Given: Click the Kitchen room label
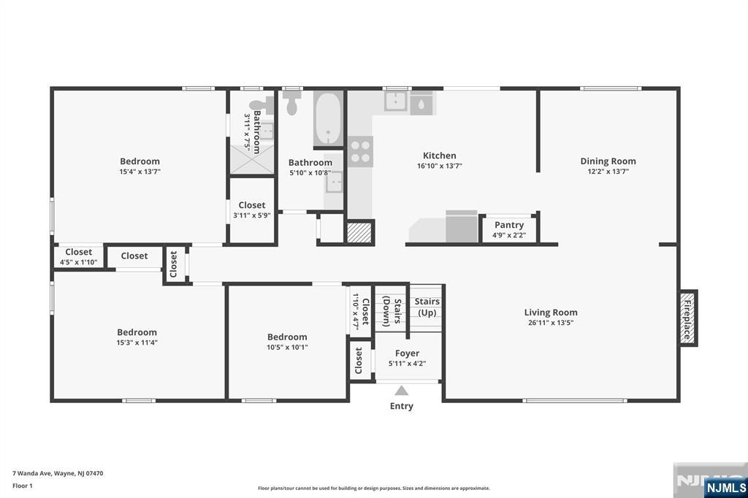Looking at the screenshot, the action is click(439, 156).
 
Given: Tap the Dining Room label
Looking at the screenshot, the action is click(608, 161).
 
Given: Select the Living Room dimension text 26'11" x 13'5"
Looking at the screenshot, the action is click(551, 323).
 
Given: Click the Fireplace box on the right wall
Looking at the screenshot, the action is click(688, 318).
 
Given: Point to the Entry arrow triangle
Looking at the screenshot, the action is click(402, 391).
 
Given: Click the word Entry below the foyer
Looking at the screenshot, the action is click(402, 406).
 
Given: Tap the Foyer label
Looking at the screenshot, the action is click(407, 353).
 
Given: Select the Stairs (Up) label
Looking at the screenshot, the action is click(427, 307).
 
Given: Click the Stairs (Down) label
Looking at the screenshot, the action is click(392, 313).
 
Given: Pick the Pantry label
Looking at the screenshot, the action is click(509, 225).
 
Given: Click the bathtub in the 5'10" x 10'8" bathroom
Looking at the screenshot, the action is click(328, 118).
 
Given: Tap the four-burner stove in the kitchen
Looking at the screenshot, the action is click(360, 151).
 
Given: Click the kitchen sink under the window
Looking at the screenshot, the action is click(397, 101).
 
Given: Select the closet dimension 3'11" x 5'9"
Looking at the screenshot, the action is click(252, 215).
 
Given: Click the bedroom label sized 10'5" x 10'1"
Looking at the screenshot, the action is click(287, 337).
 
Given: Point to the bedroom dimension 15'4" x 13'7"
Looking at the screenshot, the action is click(140, 172).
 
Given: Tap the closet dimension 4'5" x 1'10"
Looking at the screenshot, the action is click(79, 262).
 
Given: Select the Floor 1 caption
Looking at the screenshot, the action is click(23, 486).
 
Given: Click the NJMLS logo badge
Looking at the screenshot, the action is click(726, 488).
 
